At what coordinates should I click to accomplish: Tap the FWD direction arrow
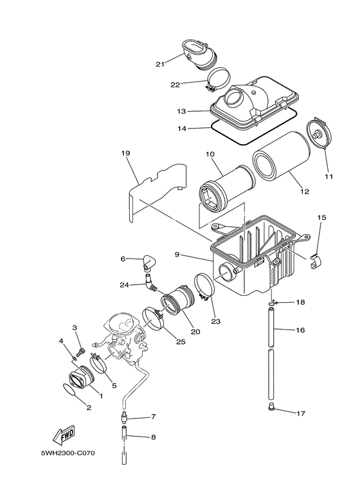65,437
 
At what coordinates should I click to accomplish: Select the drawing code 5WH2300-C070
67,453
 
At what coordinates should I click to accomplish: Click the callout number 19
125,153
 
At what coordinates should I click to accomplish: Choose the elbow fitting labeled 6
149,262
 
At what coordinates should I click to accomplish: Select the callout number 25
181,341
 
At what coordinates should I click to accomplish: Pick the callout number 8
152,438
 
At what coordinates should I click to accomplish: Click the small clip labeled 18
274,301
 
